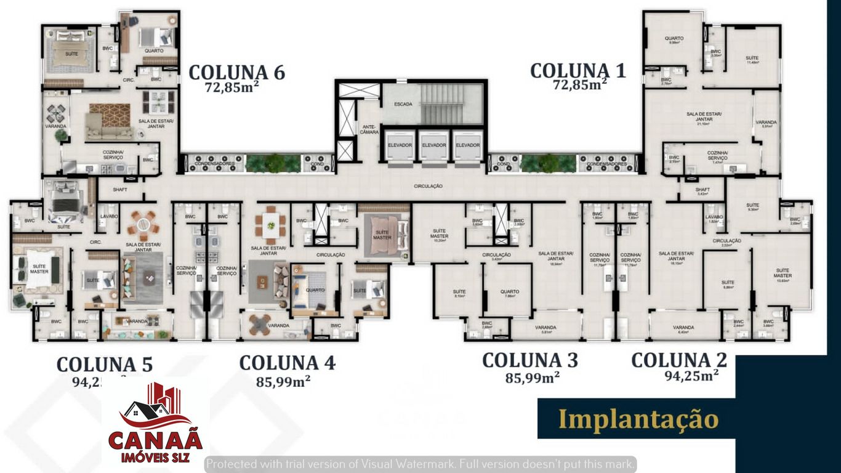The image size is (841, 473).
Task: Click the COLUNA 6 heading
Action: [236, 72]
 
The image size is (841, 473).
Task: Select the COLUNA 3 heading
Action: [529, 360]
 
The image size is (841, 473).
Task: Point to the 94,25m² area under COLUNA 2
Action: [691, 375]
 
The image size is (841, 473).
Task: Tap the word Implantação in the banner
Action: [638, 419]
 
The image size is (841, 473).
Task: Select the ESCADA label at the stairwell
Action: [404, 104]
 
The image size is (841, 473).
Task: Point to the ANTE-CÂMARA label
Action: [369, 130]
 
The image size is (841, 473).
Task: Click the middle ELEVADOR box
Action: [434, 145]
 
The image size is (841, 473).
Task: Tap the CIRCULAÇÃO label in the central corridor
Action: [429, 185]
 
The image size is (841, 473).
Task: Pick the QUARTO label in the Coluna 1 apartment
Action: [674, 38]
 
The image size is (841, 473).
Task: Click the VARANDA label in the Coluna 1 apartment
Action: [766, 122]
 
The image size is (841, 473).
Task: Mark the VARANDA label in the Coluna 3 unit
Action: [545, 327]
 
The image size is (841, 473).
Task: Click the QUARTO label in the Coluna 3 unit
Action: [510, 292]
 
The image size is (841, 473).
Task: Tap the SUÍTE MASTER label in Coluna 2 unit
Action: [783, 273]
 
